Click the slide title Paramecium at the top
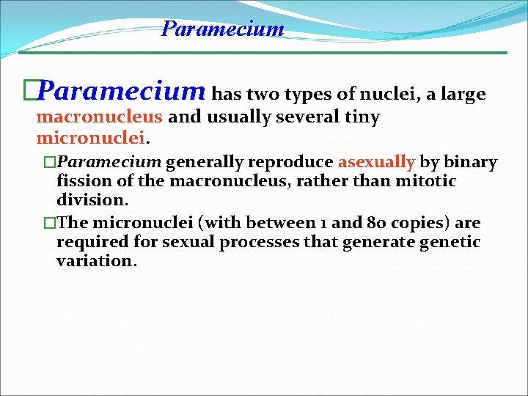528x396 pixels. (x=222, y=29)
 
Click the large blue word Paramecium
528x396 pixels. (x=122, y=92)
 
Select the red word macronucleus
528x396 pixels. (x=100, y=117)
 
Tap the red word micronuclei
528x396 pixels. (x=89, y=138)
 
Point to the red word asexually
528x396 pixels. (x=376, y=162)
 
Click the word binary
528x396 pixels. (x=469, y=162)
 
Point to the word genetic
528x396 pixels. (x=451, y=243)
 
